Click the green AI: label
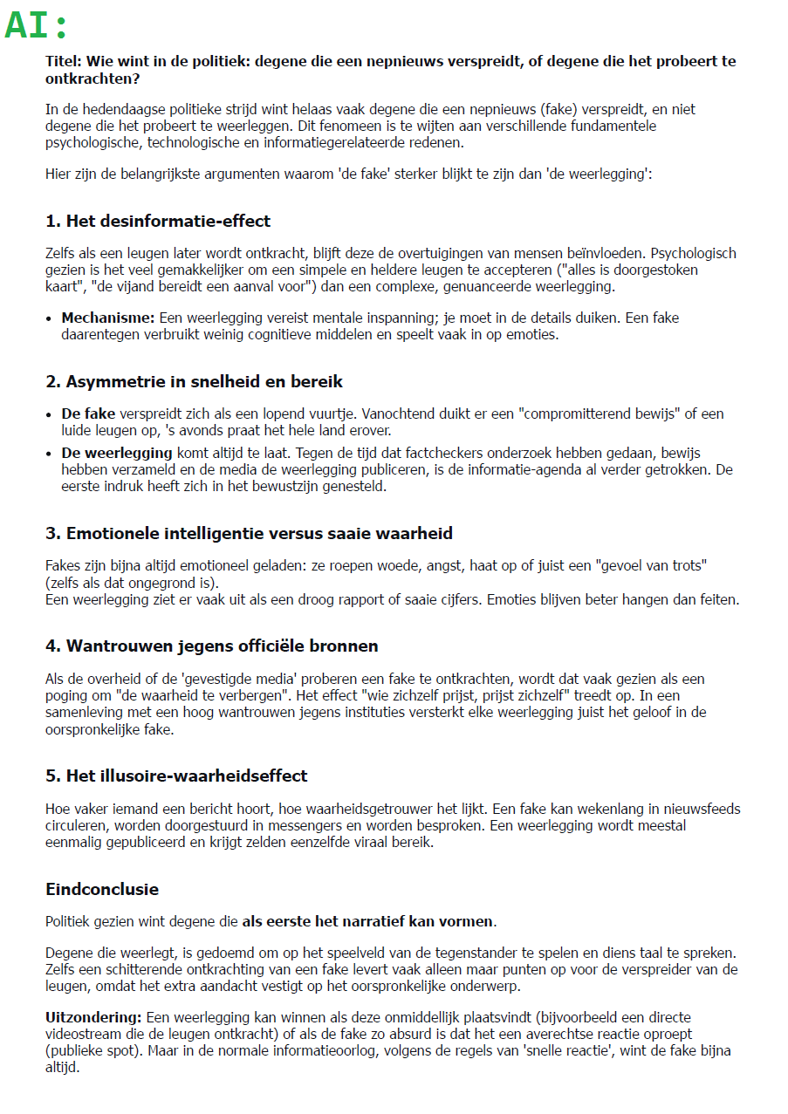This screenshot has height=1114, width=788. (37, 25)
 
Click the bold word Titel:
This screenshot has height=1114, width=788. (64, 62)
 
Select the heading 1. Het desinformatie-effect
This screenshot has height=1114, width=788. (158, 221)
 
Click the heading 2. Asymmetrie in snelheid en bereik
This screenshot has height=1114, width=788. (194, 381)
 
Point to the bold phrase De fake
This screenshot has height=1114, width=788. (88, 414)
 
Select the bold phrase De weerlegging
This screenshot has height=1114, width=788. (117, 454)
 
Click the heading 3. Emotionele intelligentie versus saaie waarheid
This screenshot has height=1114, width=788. (249, 533)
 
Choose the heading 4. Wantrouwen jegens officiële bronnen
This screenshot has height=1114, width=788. (212, 646)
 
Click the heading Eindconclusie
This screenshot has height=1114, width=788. (102, 890)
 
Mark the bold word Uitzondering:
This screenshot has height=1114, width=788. (93, 1018)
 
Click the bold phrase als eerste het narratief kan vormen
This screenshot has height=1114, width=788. (367, 921)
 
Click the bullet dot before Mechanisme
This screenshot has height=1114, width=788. (49, 318)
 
